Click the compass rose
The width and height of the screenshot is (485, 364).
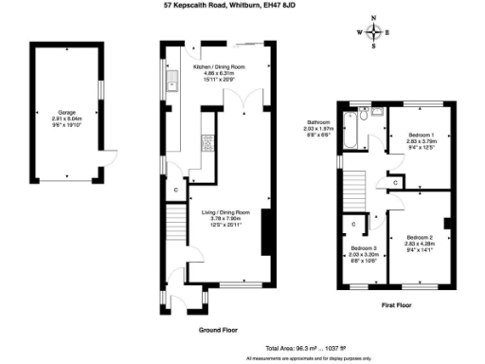coord(375,32)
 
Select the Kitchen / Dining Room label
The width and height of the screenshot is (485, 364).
coord(219,73)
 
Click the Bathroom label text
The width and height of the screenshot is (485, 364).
coord(317,127)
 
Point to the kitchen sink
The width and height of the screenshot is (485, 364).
coord(175,83)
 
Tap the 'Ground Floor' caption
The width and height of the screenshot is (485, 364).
coord(217,330)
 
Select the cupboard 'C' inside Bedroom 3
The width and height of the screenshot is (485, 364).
coord(353,224)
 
